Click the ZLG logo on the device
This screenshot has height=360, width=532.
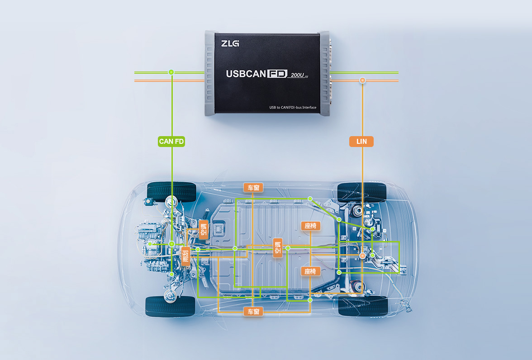point(230,43)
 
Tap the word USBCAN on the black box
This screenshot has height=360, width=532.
point(246,74)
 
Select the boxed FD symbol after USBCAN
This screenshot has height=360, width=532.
point(277,74)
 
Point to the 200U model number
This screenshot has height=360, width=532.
point(298,75)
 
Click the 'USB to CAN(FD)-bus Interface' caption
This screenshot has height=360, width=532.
point(293,108)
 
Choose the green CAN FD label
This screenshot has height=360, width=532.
point(171,142)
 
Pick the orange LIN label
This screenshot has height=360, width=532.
point(361,142)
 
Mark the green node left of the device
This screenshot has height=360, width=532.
point(171,72)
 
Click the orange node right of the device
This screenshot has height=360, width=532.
point(362,81)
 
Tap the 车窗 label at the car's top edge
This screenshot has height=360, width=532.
point(253,188)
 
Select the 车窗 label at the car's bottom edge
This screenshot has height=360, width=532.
point(253,312)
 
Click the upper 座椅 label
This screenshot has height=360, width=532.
point(310,226)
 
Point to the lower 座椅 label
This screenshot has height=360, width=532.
point(310,271)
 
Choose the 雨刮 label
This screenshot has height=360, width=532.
point(185,256)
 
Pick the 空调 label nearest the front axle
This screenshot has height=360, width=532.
point(203,229)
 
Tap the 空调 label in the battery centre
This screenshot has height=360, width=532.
point(278,248)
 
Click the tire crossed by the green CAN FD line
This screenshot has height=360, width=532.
point(171,192)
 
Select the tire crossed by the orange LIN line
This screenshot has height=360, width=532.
point(362,192)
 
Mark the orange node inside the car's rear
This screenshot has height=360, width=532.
point(362,256)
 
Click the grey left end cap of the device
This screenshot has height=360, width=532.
point(210,73)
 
